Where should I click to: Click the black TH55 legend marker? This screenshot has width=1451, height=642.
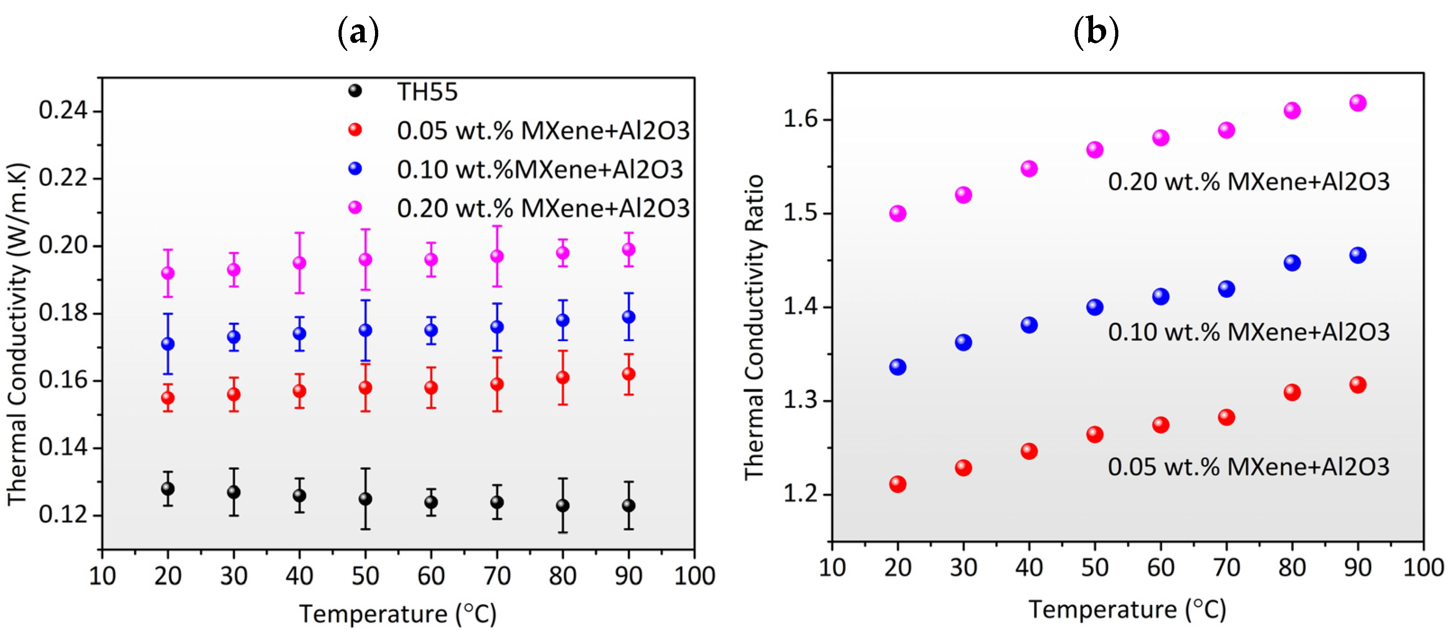click(x=355, y=91)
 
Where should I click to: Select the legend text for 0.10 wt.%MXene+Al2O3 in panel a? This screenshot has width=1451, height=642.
click(x=540, y=170)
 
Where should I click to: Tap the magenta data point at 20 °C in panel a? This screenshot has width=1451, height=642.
click(x=168, y=273)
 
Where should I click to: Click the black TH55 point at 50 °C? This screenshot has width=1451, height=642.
click(x=366, y=499)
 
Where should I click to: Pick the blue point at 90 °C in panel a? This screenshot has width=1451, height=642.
click(x=629, y=317)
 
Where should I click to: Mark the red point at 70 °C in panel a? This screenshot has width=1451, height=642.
click(x=497, y=385)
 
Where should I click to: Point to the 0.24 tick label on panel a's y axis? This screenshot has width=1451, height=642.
click(x=63, y=110)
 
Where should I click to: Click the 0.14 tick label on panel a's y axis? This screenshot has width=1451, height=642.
click(x=63, y=448)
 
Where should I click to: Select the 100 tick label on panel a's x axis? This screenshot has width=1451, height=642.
click(x=695, y=576)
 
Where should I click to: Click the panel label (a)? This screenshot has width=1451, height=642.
click(x=358, y=32)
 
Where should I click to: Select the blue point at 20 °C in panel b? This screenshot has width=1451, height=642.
click(x=897, y=367)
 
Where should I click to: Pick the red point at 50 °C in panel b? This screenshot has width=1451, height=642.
click(x=1094, y=434)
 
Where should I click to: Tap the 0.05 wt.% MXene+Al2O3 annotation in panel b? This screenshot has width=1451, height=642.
click(x=1248, y=467)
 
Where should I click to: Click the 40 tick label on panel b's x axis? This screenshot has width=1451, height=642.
click(x=1029, y=568)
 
